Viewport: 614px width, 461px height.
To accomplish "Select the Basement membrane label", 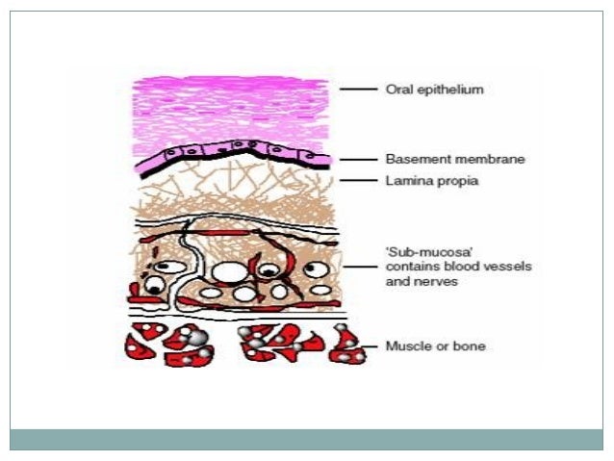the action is pos(443,159).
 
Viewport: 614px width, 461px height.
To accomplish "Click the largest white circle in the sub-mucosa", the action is pos(229,273).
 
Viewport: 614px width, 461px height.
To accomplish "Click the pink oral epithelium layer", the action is pos(231,106).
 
